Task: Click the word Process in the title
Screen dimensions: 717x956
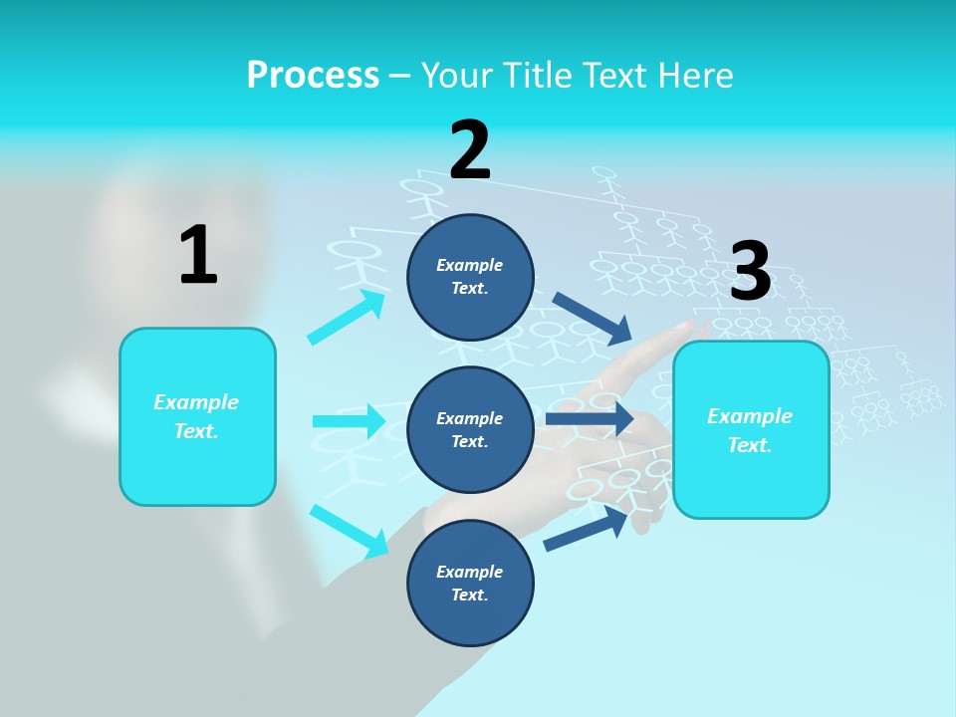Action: [x=313, y=75]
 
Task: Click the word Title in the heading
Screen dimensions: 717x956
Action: [x=539, y=75]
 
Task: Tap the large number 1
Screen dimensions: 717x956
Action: [x=198, y=255]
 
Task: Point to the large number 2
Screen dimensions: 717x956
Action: [x=470, y=150]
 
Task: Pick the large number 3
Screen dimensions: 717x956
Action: [x=750, y=271]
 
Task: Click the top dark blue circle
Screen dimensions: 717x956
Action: [x=470, y=277]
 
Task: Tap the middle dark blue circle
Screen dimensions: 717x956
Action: [x=470, y=429]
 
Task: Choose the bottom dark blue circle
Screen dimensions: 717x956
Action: [x=470, y=583]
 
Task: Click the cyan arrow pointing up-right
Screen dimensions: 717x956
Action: [x=347, y=318]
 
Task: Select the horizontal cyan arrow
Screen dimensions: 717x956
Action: [x=349, y=421]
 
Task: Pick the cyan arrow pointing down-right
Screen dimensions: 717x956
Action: [x=350, y=531]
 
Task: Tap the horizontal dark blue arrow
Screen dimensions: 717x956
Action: [x=590, y=419]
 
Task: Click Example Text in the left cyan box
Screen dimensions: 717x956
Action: [x=196, y=416]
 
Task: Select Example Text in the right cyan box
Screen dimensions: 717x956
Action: [x=750, y=430]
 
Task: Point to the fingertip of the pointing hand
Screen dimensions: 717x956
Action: [x=691, y=325]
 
